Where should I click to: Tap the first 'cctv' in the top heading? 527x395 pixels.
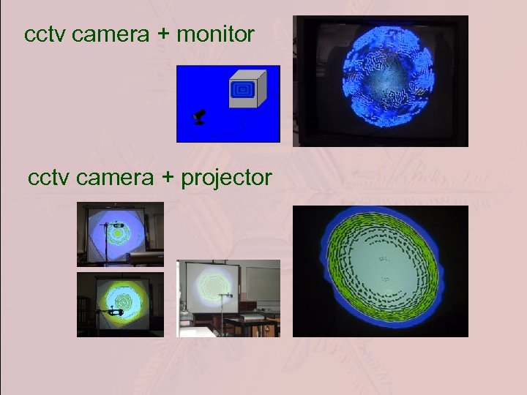(43, 34)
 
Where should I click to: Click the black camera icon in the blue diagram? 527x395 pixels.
(199, 116)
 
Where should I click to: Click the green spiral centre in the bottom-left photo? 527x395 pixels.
(120, 300)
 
